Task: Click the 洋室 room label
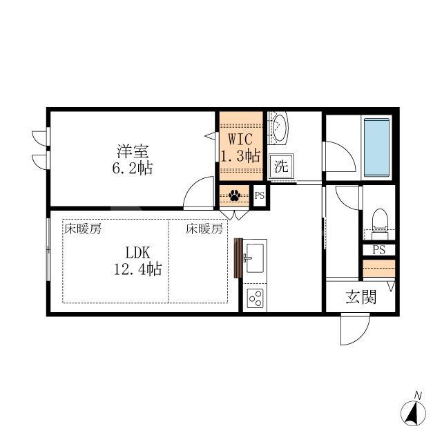pos(133,151)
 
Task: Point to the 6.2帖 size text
pos(134,168)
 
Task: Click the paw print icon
pos(234,195)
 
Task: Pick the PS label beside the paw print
pos(260,196)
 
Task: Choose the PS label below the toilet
pos(378,249)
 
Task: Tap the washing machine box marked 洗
pos(281,166)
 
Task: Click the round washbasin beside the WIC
pos(280,128)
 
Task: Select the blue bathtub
pos(377,148)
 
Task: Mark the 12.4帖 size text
pos(137,269)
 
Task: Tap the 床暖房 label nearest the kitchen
pos(204,229)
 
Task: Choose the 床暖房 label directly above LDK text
pos(83,229)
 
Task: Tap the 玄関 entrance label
pos(361,298)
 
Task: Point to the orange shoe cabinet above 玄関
pos(378,267)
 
